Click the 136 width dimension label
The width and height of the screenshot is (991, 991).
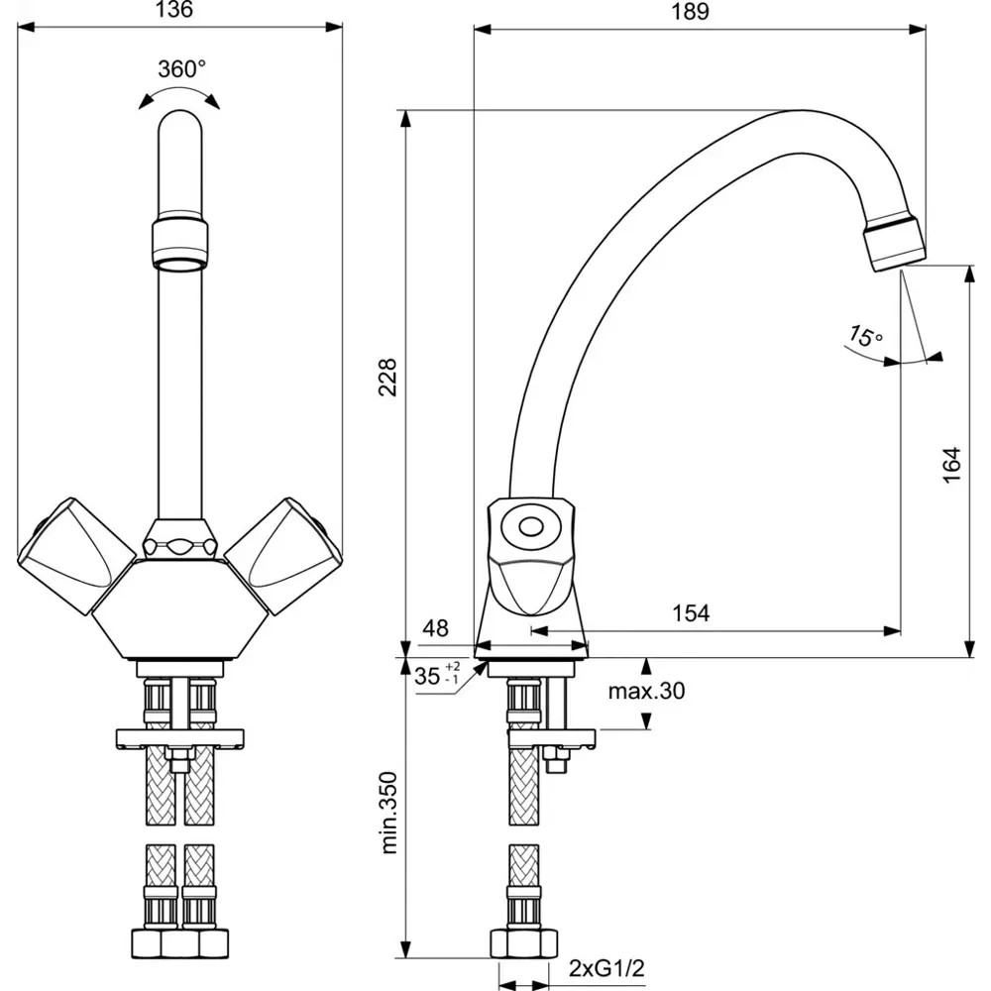173,12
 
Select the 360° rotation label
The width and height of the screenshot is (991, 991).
181,68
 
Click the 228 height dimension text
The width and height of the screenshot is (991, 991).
389,377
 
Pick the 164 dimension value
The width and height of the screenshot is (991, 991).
950,465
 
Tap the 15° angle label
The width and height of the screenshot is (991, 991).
864,336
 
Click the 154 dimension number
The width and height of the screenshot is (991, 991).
691,613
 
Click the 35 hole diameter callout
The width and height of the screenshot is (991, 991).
428,677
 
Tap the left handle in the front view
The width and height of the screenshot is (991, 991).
74,550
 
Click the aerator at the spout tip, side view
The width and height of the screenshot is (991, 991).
895,243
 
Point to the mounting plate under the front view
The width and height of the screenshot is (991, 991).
181,738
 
